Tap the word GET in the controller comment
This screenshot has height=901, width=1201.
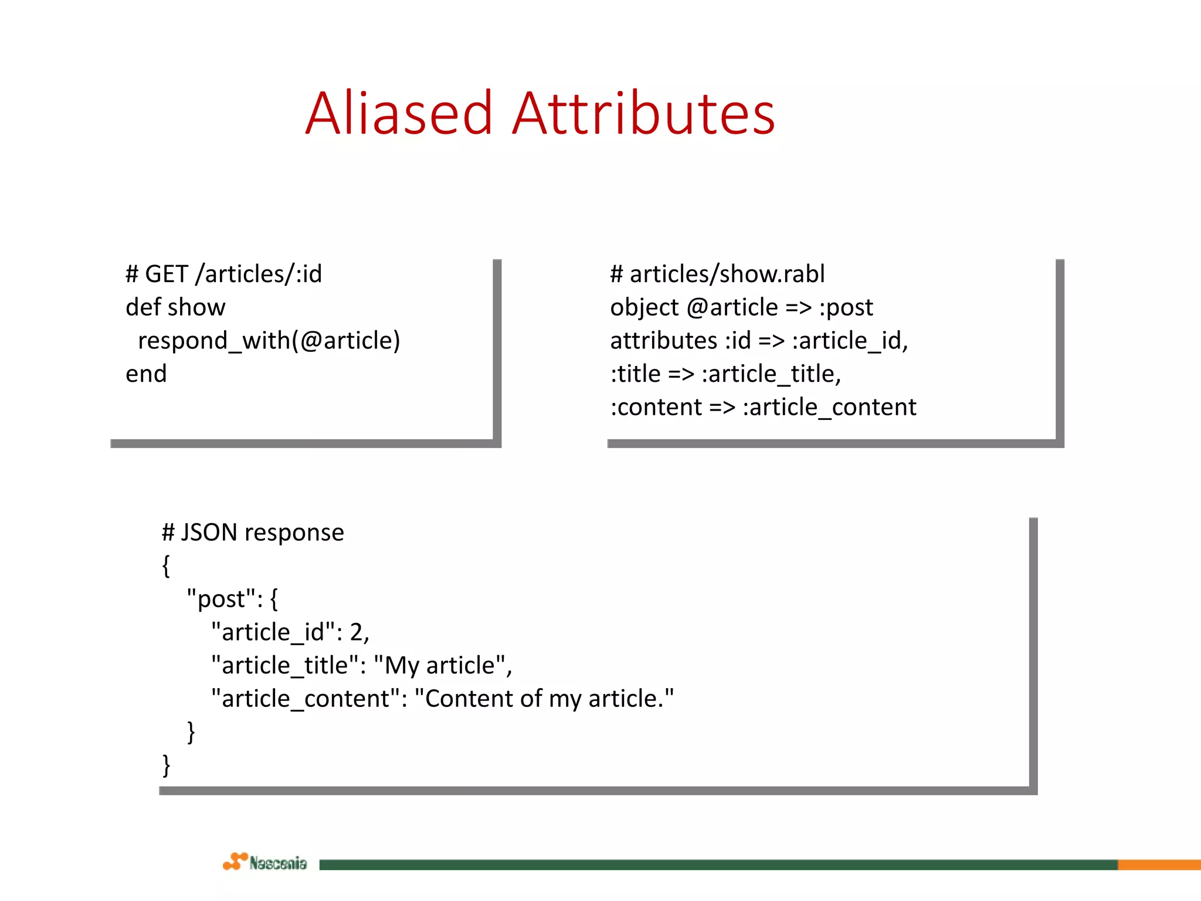coord(167,274)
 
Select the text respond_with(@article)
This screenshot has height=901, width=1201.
coord(269,341)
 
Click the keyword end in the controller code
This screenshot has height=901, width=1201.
coord(146,374)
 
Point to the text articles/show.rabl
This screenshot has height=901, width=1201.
coord(727,274)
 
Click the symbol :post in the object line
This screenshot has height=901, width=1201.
coord(846,307)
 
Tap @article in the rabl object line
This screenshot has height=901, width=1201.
coord(732,307)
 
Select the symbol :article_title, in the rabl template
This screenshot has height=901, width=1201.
coord(771,374)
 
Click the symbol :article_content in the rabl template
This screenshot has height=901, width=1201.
coord(829,407)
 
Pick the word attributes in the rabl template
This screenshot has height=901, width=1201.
coord(663,341)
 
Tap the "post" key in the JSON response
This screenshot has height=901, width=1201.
coord(221,599)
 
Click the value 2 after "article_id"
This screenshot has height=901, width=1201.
coord(356,632)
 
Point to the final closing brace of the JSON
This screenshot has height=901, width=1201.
coord(167,765)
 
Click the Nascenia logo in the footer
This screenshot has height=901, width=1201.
coord(265,862)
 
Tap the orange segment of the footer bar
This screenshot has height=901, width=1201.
coord(1159,865)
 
